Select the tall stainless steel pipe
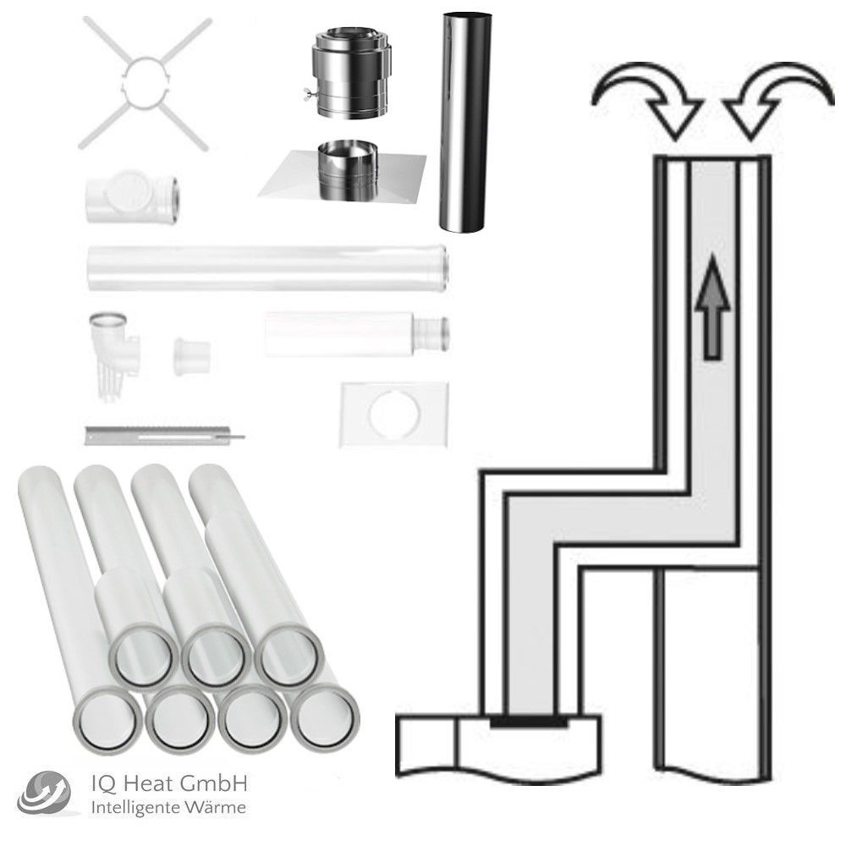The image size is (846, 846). [463, 123]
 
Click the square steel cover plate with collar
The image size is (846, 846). [342, 173]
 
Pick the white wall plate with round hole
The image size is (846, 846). [394, 415]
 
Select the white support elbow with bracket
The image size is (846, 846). [115, 355]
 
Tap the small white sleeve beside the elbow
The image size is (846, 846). [191, 356]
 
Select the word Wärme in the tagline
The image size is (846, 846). [217, 808]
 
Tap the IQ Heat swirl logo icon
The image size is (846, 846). [43, 792]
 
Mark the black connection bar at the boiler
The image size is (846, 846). [529, 721]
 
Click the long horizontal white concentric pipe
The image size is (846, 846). [267, 268]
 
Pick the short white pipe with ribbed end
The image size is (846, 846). [357, 333]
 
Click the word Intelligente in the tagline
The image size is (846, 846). [138, 808]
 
